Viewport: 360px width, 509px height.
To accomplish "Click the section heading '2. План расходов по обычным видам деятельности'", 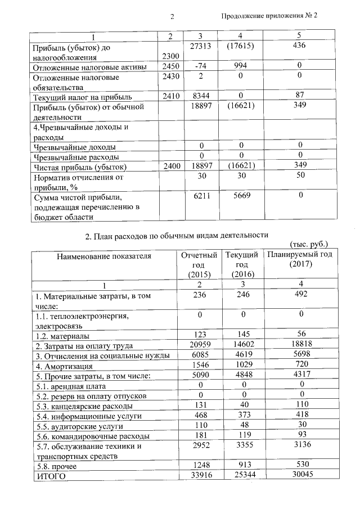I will tap(181, 235).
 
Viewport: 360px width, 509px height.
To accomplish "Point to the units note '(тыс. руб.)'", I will tap(308, 245).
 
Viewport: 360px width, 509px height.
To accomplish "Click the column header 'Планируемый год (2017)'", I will tap(300, 259).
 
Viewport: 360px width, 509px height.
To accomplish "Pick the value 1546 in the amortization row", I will tap(200, 366).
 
